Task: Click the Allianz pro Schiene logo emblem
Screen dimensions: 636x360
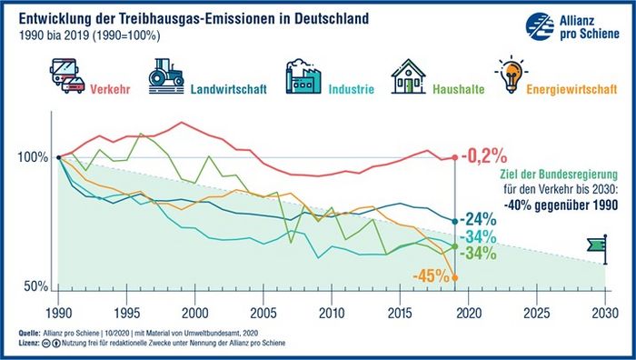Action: tap(540, 26)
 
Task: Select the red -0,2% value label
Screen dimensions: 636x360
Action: tap(484, 155)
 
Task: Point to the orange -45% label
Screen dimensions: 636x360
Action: tap(432, 276)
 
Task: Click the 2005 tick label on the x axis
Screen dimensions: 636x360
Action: tap(263, 313)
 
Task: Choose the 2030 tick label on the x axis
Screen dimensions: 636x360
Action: tap(605, 313)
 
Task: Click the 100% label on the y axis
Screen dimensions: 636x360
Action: tap(33, 157)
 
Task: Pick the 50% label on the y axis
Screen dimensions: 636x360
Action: tap(36, 286)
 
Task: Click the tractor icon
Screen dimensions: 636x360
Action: tap(166, 76)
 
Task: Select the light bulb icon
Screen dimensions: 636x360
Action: tap(511, 75)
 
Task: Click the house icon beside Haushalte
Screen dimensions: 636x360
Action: tap(409, 76)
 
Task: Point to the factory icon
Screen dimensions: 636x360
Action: tap(303, 76)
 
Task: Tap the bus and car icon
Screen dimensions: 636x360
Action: tap(67, 75)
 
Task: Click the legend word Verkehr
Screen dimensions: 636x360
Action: tap(110, 89)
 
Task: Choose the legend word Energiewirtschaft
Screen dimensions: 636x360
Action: tap(571, 89)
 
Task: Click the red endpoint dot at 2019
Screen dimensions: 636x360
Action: tap(454, 157)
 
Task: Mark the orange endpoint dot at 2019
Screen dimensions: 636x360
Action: tap(454, 277)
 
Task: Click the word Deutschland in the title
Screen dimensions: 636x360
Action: tap(337, 19)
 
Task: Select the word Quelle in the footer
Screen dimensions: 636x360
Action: tap(29, 334)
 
